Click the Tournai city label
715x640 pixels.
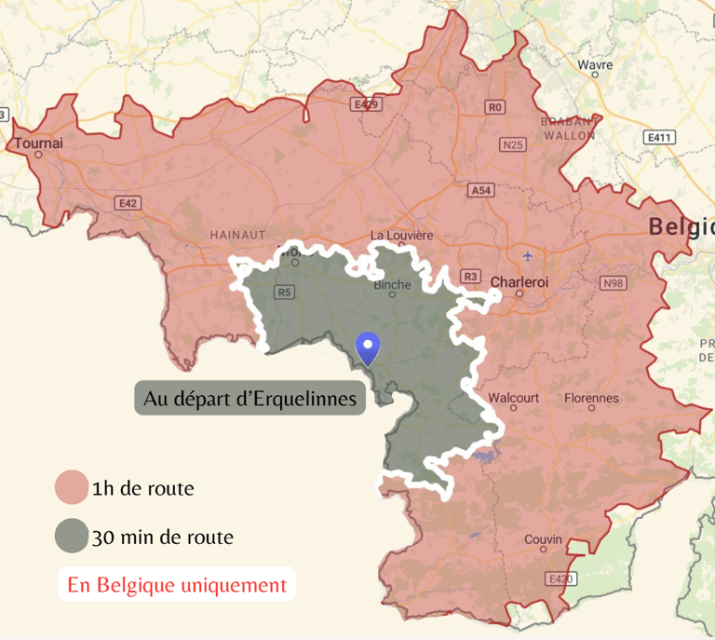click(39, 143)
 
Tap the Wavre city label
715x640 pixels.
click(595, 65)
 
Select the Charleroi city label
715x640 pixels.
click(519, 280)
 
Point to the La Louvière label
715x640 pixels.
click(401, 235)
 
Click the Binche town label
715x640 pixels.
click(392, 285)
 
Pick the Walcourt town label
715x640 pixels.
click(513, 398)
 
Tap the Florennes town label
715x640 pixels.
click(591, 398)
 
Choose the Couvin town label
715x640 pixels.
click(543, 539)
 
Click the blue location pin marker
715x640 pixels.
click(370, 347)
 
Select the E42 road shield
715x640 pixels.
click(128, 202)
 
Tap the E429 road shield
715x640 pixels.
click(366, 104)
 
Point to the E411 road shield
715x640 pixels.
click(659, 137)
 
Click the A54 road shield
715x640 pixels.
click(480, 190)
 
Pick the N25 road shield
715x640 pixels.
click(512, 144)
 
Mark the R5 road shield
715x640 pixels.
click(284, 293)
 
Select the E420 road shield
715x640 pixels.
click(560, 579)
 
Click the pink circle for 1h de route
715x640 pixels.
click(71, 487)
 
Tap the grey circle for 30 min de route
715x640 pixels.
click(71, 537)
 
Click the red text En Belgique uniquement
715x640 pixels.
click(177, 585)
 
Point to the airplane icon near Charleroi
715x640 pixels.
click(529, 256)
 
